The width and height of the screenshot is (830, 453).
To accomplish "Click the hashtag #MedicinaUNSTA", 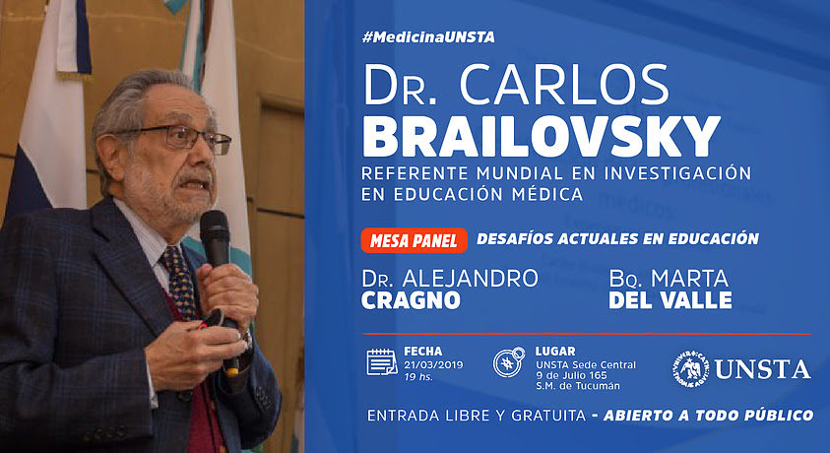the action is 428,37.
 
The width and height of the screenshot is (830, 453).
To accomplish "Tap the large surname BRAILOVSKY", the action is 541,137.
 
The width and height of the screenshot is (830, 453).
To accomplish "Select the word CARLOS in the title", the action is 564,85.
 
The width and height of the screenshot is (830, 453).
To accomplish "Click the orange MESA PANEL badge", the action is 414,241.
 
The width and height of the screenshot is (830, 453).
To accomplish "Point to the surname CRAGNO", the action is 411,300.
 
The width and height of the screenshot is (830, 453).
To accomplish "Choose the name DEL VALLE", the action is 670,300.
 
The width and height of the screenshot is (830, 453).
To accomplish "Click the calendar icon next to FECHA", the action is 382,362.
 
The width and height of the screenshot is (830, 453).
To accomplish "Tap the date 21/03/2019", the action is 433,365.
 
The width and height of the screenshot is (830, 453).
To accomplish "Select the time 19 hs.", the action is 418,377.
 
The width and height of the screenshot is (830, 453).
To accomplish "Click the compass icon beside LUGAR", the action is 509,362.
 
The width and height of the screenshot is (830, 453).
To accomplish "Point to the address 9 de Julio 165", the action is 571,375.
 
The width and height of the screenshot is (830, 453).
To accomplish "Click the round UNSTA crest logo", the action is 690,369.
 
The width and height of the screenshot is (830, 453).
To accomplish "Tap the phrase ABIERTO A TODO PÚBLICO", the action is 708,416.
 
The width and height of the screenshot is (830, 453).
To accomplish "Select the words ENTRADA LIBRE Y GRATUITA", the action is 477,416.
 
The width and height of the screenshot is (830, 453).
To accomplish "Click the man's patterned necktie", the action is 180,281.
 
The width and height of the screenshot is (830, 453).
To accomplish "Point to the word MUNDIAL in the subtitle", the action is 519,173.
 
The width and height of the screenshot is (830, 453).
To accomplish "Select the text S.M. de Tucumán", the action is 578,386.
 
